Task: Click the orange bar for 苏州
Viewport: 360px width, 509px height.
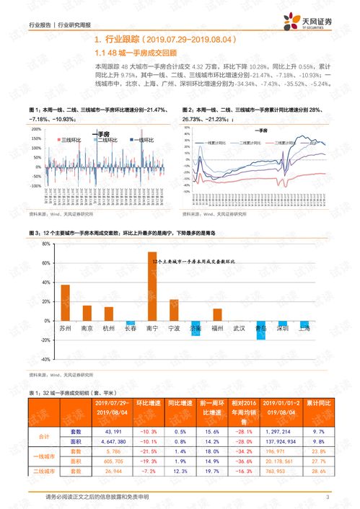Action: [65, 302]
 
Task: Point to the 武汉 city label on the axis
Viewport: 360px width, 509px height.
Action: [239, 328]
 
